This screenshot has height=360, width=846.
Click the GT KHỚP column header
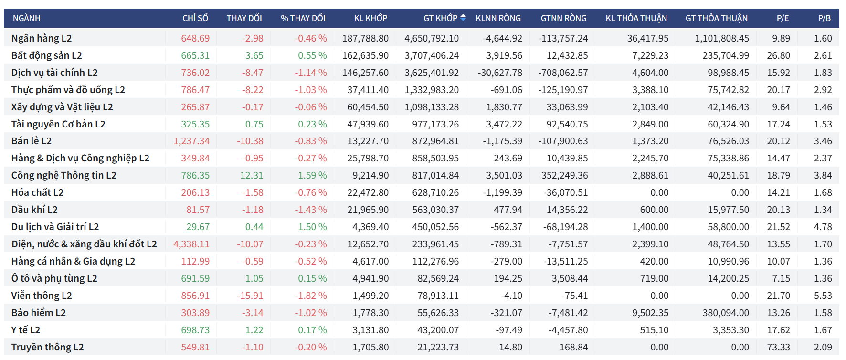440,18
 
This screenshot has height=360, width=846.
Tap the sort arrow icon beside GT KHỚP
463,18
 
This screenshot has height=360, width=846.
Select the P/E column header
783,18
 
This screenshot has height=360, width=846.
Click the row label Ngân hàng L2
42,38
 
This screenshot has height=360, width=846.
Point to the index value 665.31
195,55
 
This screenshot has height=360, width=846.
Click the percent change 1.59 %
312,175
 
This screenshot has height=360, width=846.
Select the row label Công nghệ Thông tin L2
64,175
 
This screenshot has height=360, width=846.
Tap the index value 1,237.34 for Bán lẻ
191,141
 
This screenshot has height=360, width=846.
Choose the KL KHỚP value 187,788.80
365,38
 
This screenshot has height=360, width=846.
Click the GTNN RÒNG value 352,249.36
564,175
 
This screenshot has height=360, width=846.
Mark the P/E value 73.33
778,347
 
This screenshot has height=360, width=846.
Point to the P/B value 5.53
823,296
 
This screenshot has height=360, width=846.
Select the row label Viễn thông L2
42,296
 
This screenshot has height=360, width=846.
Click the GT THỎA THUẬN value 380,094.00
725,313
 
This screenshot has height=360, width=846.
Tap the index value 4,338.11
191,244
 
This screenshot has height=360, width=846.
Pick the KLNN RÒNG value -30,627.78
500,73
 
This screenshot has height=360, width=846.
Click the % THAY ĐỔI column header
303,18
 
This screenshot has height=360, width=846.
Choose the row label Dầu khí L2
34,210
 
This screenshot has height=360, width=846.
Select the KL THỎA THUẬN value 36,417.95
647,38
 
